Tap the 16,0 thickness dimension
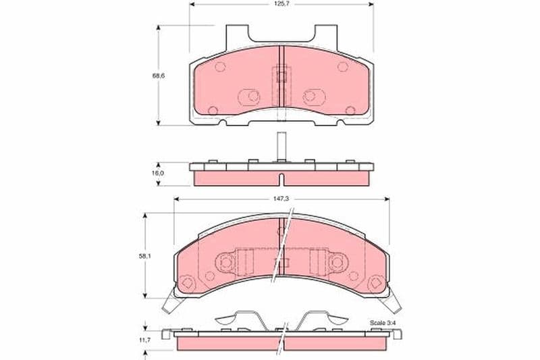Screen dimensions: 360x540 tap(157, 174)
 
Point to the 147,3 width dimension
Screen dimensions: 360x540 tap(281, 199)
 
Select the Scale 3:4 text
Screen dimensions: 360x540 tap(382, 324)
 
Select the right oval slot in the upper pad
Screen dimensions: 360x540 tap(314, 96)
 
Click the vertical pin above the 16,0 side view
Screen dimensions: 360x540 tap(281, 145)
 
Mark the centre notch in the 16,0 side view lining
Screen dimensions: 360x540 tap(281, 179)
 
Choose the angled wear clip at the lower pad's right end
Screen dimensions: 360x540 tap(394, 303)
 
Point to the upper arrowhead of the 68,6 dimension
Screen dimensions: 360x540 tap(159, 28)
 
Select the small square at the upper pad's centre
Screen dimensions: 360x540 tap(281, 74)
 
